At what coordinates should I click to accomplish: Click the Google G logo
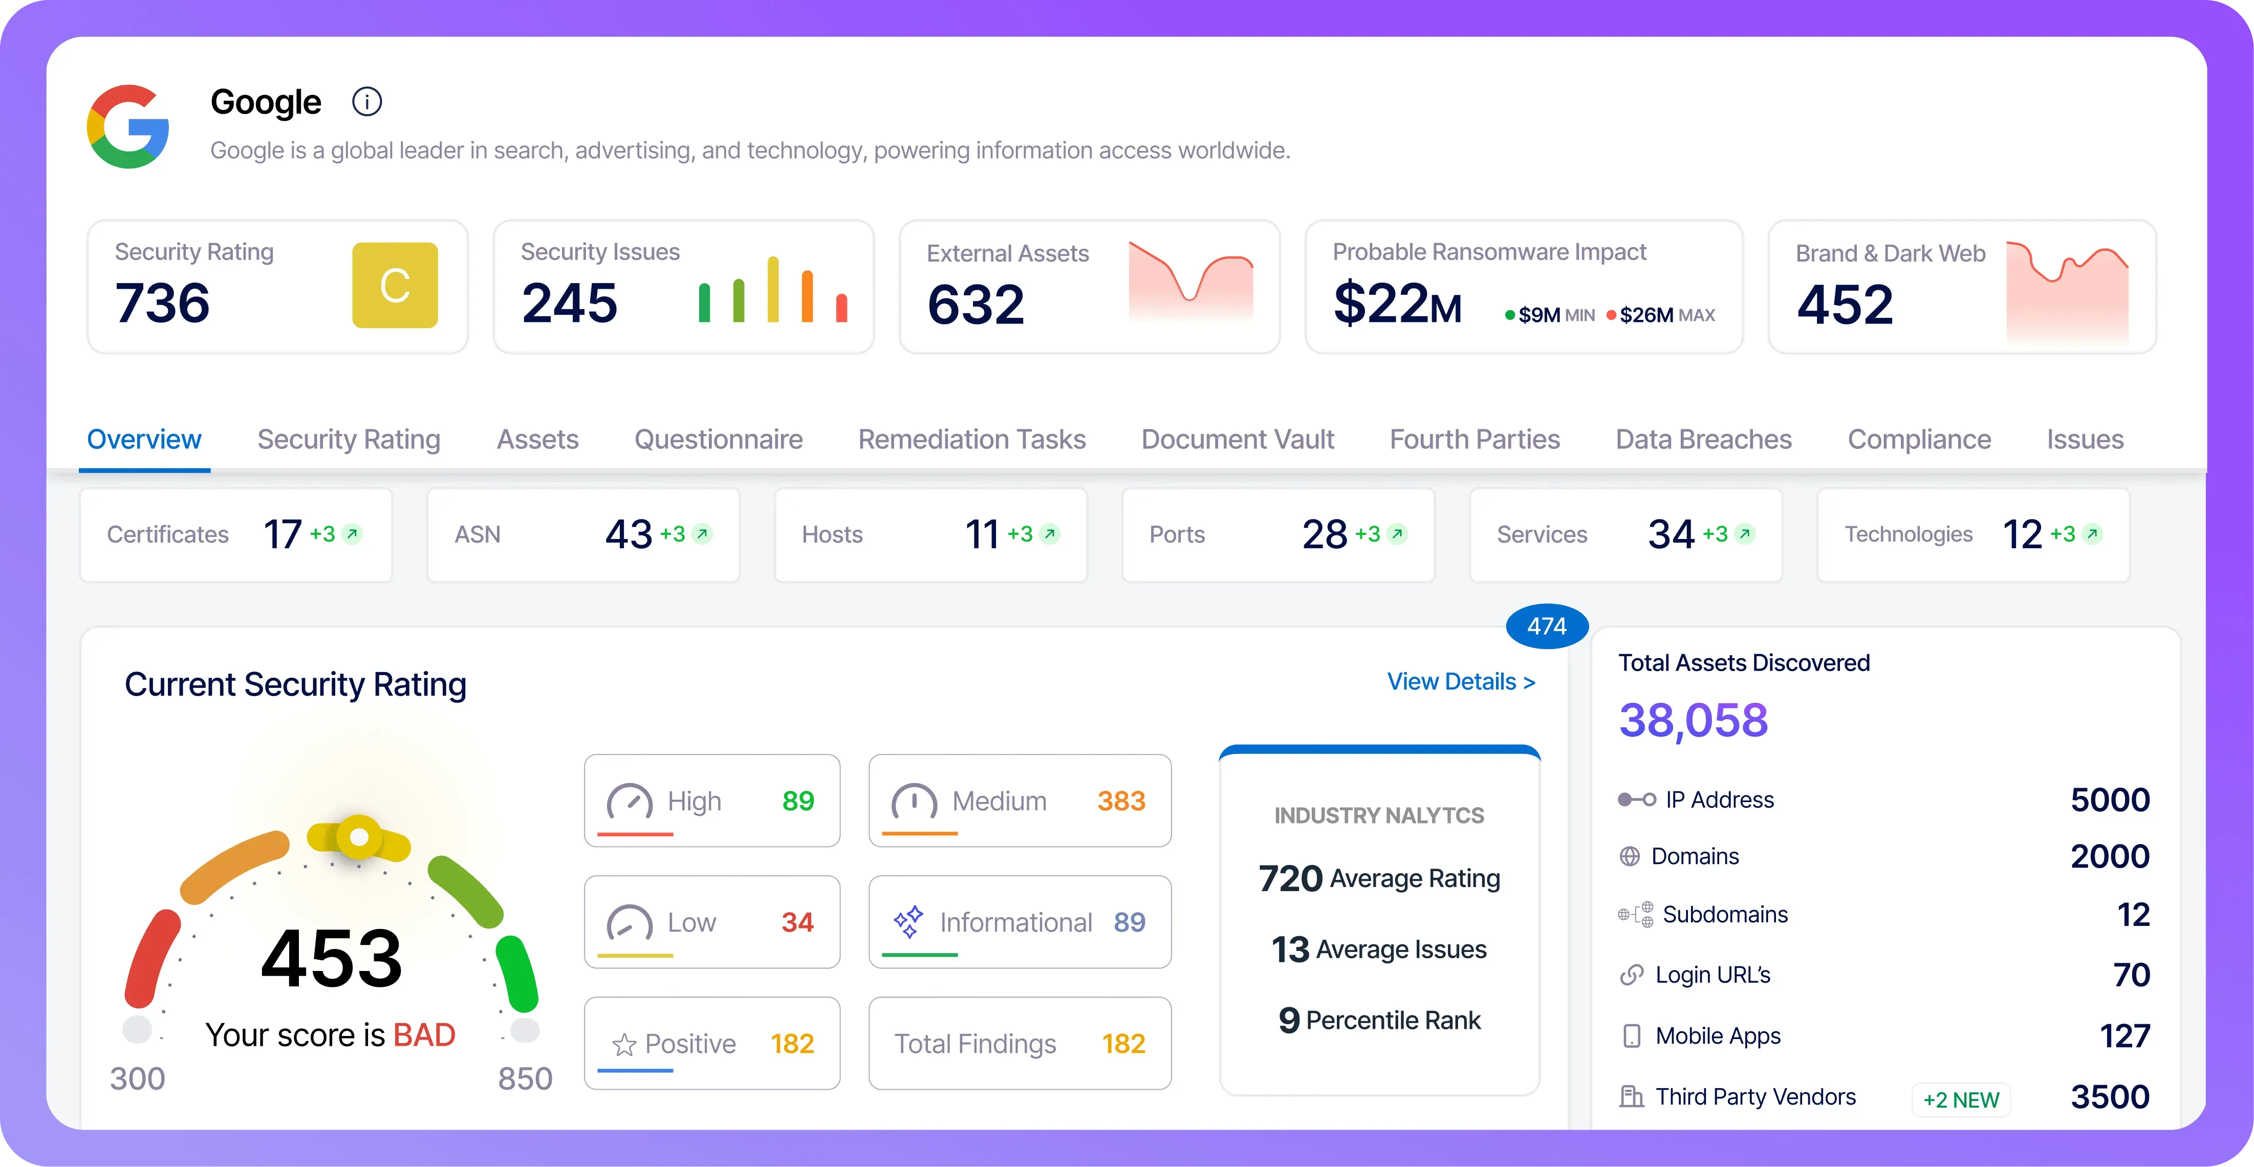(x=128, y=127)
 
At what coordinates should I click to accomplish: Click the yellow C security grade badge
(x=395, y=285)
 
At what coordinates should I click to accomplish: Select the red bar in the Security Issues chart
(x=841, y=308)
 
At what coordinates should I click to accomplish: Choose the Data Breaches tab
(x=1703, y=439)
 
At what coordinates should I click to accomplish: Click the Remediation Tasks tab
(x=971, y=439)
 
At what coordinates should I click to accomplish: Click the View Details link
(x=1460, y=681)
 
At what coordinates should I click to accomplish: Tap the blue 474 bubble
(x=1546, y=626)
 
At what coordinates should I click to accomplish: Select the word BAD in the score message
(x=424, y=1035)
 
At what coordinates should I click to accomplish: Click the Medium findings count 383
(x=1121, y=801)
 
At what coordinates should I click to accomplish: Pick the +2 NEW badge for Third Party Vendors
(x=1961, y=1099)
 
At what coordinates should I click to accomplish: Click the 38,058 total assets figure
(x=1693, y=720)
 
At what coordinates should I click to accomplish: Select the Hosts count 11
(x=982, y=534)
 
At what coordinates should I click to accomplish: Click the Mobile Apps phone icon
(x=1631, y=1036)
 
